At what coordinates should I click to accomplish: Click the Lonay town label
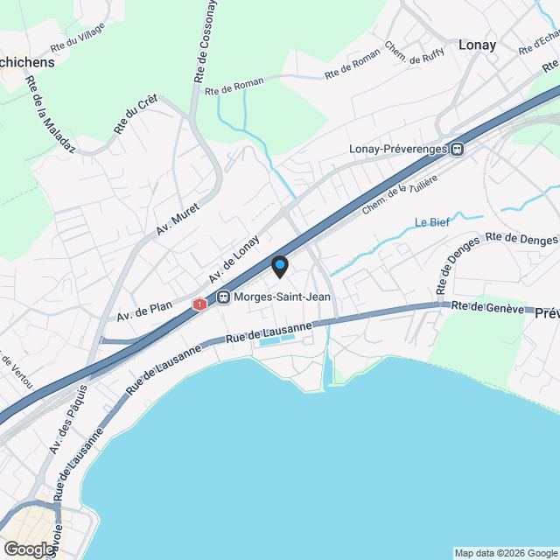click(x=477, y=45)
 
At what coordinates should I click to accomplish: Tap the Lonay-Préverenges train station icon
click(x=458, y=149)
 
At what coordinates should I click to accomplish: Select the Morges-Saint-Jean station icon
click(x=224, y=297)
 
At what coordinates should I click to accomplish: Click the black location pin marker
click(x=279, y=266)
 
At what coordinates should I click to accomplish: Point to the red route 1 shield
click(x=201, y=304)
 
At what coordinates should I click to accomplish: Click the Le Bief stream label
click(x=432, y=221)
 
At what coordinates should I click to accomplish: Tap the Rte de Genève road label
click(x=487, y=308)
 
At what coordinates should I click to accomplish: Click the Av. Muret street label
click(x=178, y=220)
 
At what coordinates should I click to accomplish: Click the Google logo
click(x=28, y=549)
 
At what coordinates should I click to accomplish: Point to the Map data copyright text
click(x=506, y=553)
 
